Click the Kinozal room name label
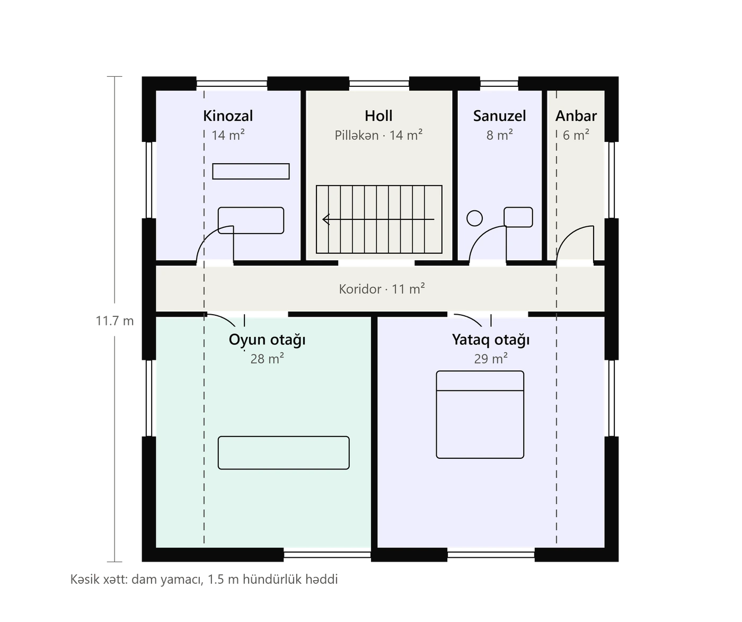[x=228, y=116]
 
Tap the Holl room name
[x=378, y=116]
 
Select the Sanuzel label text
[x=499, y=116]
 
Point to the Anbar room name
[x=576, y=116]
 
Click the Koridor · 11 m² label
[x=382, y=289]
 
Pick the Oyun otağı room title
[x=267, y=340]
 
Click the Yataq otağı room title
[x=490, y=340]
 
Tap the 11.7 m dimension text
[x=114, y=321]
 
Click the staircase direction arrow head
[x=326, y=219]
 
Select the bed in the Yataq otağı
[x=480, y=414]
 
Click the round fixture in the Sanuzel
[x=474, y=218]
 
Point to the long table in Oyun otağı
[x=284, y=453]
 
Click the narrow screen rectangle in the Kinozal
[x=251, y=171]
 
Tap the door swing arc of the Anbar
[x=567, y=236]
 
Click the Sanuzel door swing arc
[x=480, y=236]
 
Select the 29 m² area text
[x=490, y=359]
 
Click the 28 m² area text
[x=267, y=359]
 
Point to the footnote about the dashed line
[x=204, y=580]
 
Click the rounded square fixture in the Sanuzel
[x=518, y=217]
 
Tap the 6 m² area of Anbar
[x=576, y=135]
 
